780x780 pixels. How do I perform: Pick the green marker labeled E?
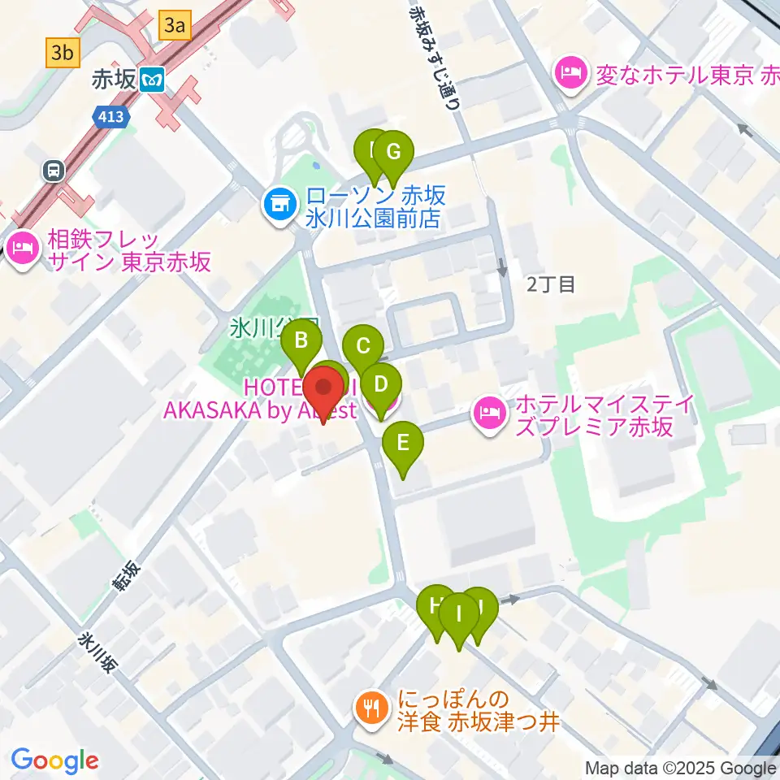403,444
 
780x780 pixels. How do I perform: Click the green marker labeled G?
393,153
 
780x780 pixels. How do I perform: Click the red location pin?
323,390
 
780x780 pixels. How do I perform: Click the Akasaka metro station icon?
152,80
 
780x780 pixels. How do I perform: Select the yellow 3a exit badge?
175,26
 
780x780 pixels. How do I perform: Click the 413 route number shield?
109,117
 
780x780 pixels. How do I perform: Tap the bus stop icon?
53,171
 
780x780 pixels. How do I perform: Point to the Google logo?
55,761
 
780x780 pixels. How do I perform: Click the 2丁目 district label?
551,284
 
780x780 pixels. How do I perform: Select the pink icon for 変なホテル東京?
570,75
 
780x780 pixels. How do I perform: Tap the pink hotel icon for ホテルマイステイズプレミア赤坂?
490,414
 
